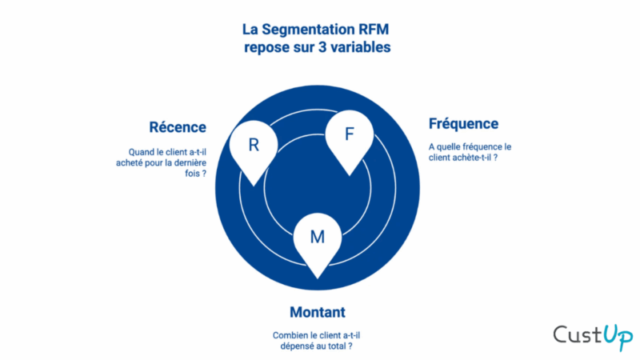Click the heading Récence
[x=177, y=127]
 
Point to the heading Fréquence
[x=463, y=123]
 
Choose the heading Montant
[x=318, y=311]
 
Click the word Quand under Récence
[x=141, y=151]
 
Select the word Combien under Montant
[x=288, y=336]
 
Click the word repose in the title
[x=270, y=47]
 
